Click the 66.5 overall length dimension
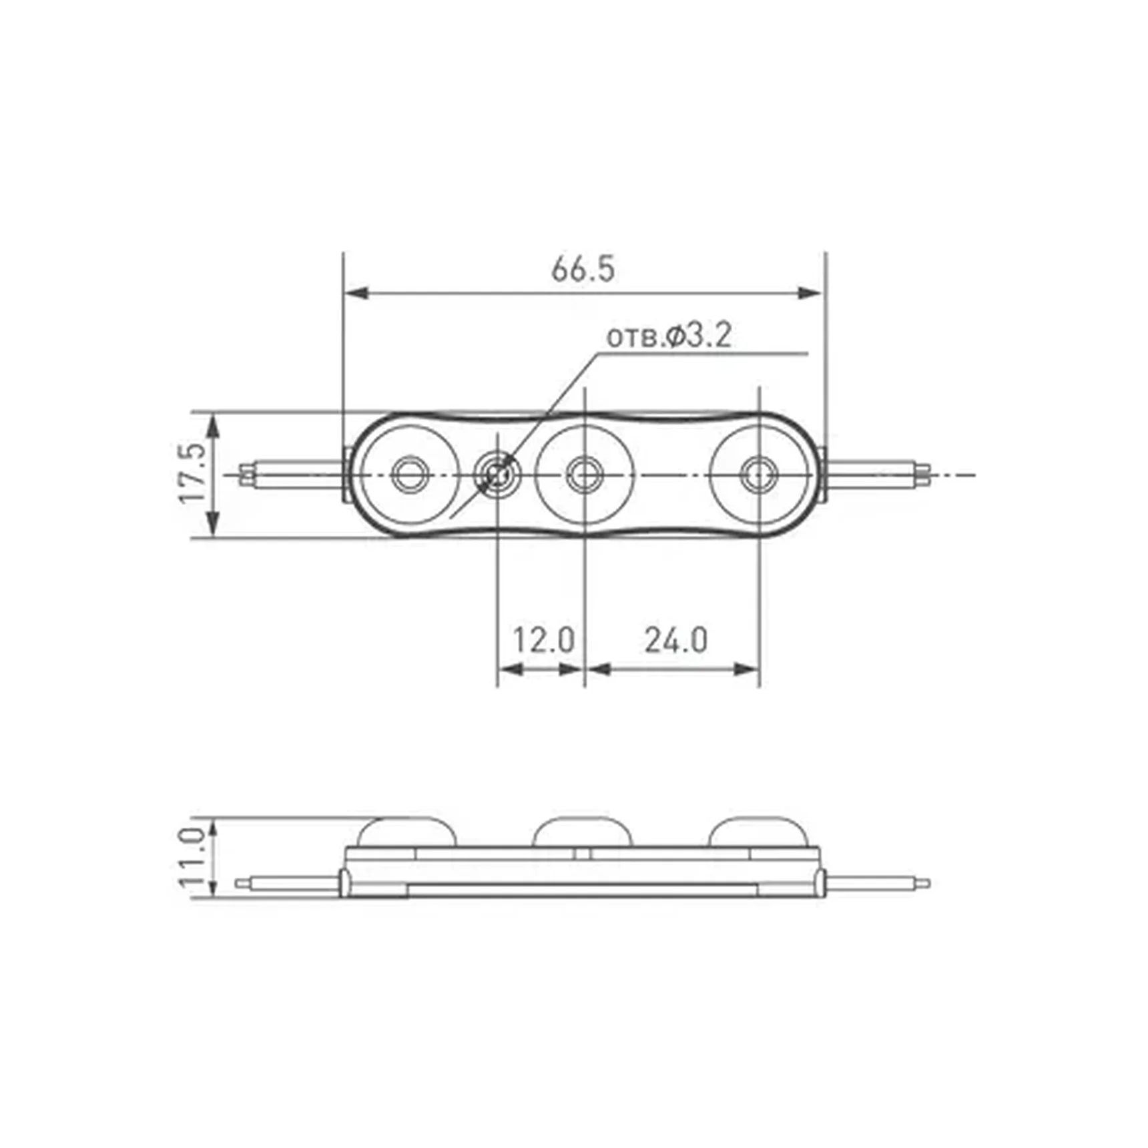pyautogui.click(x=583, y=269)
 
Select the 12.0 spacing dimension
pyautogui.click(x=543, y=640)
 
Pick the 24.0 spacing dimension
pyautogui.click(x=675, y=640)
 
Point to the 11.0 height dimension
pyautogui.click(x=192, y=858)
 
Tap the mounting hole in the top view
pyautogui.click(x=497, y=475)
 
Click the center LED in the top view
pyautogui.click(x=585, y=474)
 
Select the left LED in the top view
pyautogui.click(x=410, y=474)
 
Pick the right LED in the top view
pyautogui.click(x=759, y=474)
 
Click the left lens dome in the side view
pyautogui.click(x=407, y=832)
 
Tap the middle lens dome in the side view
pyautogui.click(x=583, y=832)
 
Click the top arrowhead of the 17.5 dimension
pyautogui.click(x=213, y=424)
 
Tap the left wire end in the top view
pyautogui.click(x=248, y=474)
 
